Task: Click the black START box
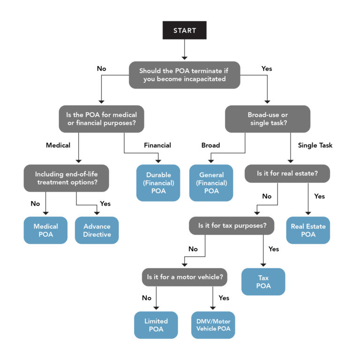pos(184,30)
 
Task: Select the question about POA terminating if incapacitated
pos(184,75)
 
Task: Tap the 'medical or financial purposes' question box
pos(101,119)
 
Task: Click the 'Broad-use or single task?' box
pos(268,119)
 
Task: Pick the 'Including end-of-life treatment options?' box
pos(66,178)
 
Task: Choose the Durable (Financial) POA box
pos(158,183)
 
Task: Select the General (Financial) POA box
pos(211,183)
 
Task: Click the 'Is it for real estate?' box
pos(287,173)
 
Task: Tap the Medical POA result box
pos(45,230)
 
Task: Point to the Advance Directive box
pos(97,230)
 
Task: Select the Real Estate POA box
pos(308,230)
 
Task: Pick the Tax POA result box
pos(263,282)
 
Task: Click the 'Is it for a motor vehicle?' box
pos(185,277)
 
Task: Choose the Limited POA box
pos(156,325)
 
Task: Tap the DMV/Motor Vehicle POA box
pos(213,325)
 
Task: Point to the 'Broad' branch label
pos(210,145)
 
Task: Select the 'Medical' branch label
pos(58,145)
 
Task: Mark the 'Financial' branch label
pos(157,145)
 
